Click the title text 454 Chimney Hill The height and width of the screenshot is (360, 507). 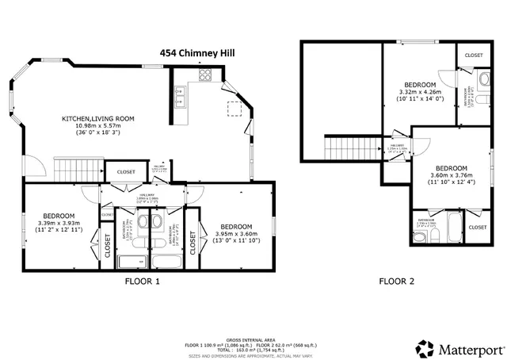point(197,53)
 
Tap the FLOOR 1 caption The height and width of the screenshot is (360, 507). point(143,281)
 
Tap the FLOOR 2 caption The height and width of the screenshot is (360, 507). point(397,281)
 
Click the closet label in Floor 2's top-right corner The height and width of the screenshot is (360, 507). point(474,56)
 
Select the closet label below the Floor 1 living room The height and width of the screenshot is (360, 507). point(126,172)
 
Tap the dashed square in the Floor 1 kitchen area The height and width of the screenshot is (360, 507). point(235,108)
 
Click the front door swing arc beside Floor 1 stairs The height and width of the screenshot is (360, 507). point(32,166)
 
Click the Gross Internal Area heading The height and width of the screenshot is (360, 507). point(250,339)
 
